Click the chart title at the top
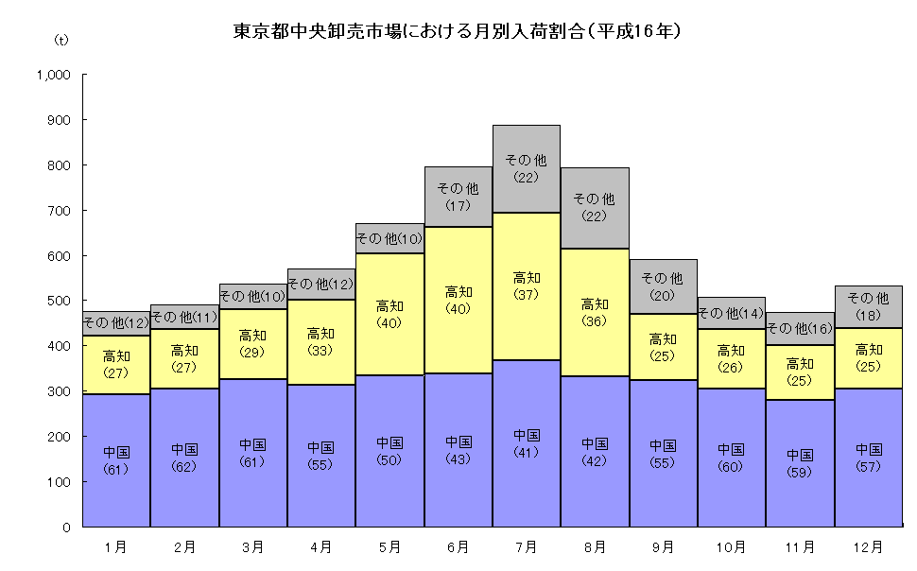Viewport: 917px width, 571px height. pos(458,31)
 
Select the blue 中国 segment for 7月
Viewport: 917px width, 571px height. pos(527,443)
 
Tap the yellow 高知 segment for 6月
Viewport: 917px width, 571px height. pos(458,300)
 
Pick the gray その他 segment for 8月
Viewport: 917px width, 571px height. pos(595,207)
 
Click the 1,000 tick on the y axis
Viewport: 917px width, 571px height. pos(54,75)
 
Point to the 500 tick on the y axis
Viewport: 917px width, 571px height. pos(60,301)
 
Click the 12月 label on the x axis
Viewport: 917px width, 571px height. pos(867,546)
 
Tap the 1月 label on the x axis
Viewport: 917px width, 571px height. pos(116,546)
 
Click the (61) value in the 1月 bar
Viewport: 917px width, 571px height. pos(116,469)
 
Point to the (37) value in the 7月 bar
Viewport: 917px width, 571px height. pos(527,294)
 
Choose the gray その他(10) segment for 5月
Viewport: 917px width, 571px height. pos(389,238)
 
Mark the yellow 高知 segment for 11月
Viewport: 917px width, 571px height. pos(799,371)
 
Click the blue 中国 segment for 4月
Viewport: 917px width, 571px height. pos(321,455)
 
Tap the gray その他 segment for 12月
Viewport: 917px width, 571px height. pos(867,303)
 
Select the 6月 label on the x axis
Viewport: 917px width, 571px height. pos(458,546)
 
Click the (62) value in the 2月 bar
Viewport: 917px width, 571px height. pos(185,466)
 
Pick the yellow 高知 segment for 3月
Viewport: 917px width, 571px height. pos(253,342)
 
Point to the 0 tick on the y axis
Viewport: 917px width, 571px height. pos(66,527)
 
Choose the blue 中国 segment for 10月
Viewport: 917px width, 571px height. pos(731,457)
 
